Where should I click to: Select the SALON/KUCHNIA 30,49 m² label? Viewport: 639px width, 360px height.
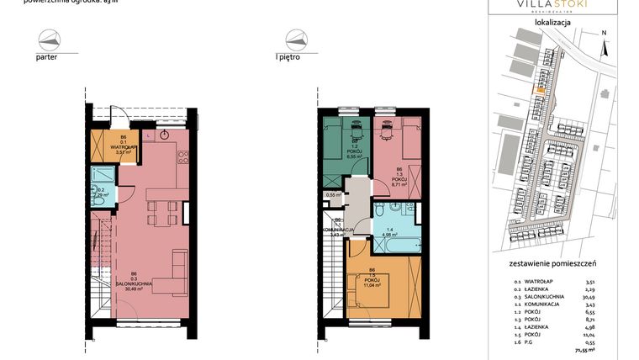(x=135, y=282)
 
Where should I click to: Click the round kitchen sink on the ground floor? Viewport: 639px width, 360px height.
(x=165, y=135)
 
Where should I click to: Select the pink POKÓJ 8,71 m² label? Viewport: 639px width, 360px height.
(x=399, y=178)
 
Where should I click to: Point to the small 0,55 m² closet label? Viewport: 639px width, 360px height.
(x=334, y=194)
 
